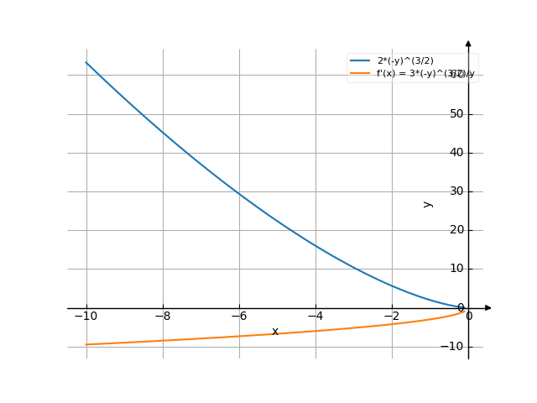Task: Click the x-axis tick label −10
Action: [86, 317]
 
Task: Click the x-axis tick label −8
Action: [163, 317]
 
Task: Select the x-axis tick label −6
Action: [239, 317]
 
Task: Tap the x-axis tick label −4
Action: [315, 317]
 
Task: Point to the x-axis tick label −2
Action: [392, 317]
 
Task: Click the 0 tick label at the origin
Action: [468, 317]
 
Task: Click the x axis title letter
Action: [275, 332]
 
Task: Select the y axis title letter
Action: [428, 203]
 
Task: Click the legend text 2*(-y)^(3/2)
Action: [405, 61]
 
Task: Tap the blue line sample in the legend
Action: [360, 61]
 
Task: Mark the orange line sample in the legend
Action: [360, 74]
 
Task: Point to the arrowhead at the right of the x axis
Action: [487, 308]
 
